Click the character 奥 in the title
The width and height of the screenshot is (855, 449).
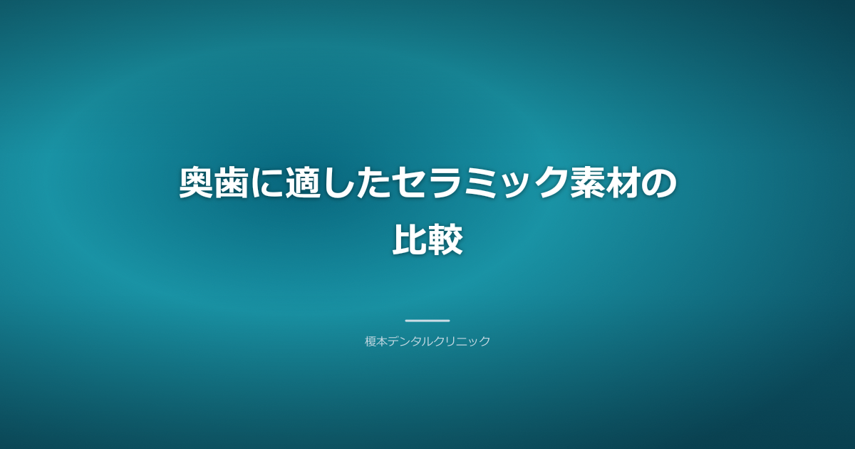(196, 185)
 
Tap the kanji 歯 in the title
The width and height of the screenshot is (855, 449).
(232, 185)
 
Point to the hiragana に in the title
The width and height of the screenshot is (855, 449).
(267, 185)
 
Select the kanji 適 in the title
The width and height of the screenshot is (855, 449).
(303, 185)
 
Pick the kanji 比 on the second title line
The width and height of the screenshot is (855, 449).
(410, 240)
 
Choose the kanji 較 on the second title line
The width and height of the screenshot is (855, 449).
(445, 240)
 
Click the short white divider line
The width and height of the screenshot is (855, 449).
(427, 321)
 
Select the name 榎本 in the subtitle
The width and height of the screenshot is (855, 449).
(376, 341)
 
